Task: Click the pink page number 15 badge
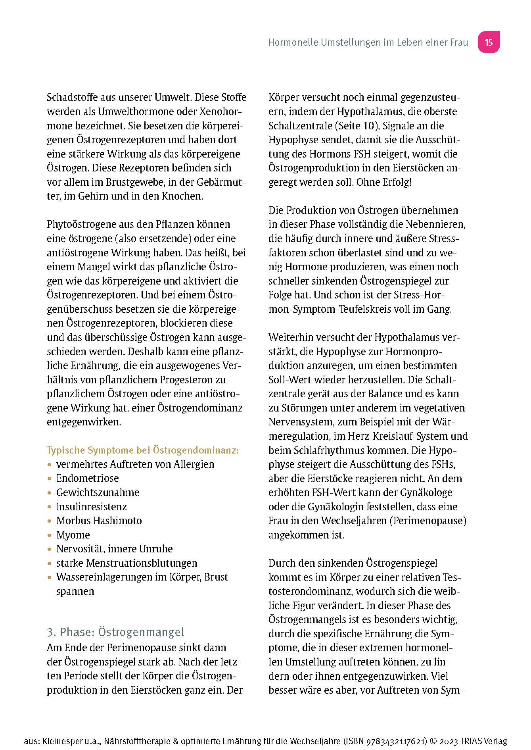[489, 42]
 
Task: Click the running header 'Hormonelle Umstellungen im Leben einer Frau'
[368, 42]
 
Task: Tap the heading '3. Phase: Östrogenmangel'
[115, 632]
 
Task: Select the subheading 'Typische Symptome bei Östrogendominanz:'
[143, 450]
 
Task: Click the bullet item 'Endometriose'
[87, 478]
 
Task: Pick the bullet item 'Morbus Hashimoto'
[99, 521]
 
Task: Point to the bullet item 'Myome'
[73, 535]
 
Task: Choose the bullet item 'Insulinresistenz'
[91, 507]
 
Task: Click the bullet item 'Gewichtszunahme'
[98, 492]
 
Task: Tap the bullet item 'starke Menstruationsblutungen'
[127, 563]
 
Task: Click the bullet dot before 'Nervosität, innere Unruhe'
[49, 550]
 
